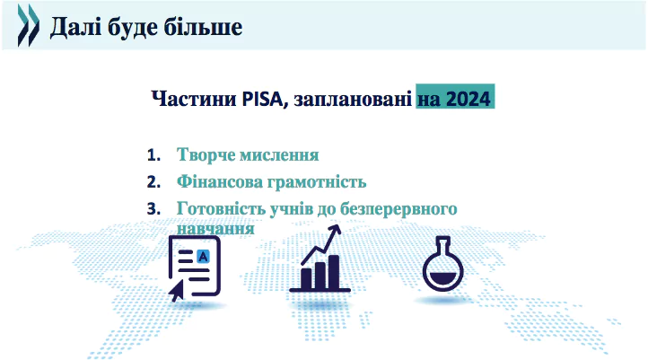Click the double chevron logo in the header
pyautogui.click(x=29, y=25)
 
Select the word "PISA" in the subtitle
pyautogui.click(x=262, y=99)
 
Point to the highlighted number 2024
pyautogui.click(x=468, y=99)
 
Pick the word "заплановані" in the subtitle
pyautogui.click(x=353, y=99)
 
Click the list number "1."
pyautogui.click(x=153, y=155)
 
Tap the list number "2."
pyautogui.click(x=153, y=182)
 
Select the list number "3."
pyautogui.click(x=153, y=208)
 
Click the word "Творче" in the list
pyautogui.click(x=206, y=155)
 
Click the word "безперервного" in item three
pyautogui.click(x=398, y=209)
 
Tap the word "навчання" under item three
pyautogui.click(x=215, y=229)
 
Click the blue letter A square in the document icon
pyautogui.click(x=203, y=257)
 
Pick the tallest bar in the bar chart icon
pyautogui.click(x=334, y=272)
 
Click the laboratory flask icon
pyautogui.click(x=443, y=264)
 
